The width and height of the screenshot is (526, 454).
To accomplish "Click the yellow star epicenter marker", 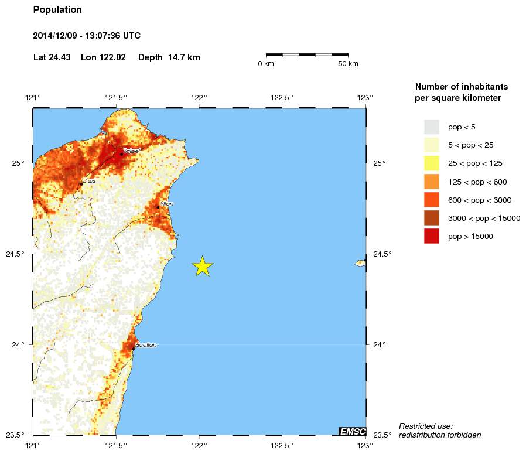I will [x=202, y=266].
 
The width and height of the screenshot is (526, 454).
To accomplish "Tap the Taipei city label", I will [x=132, y=151].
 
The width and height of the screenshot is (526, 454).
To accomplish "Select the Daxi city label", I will [x=89, y=181].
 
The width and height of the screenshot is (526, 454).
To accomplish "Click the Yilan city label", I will [x=167, y=204].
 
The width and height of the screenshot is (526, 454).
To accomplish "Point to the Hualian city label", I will [x=146, y=345].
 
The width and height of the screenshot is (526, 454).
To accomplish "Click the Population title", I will [x=57, y=10].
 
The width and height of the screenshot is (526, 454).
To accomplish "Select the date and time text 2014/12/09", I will [x=87, y=36].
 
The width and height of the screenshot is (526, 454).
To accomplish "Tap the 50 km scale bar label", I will [x=348, y=64].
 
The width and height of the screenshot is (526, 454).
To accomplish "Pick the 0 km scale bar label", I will [x=266, y=64].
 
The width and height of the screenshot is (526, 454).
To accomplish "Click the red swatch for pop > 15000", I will [x=432, y=237].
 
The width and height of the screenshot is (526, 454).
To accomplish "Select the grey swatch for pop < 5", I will [x=432, y=127].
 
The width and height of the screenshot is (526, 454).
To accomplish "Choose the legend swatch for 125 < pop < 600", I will [x=432, y=182].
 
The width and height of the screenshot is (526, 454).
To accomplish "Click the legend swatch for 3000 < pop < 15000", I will [x=432, y=219].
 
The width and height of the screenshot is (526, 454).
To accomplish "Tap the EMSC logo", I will [x=353, y=432].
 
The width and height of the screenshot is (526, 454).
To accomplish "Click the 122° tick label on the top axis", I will [x=199, y=97].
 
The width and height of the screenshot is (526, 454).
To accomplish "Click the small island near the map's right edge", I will [x=360, y=263].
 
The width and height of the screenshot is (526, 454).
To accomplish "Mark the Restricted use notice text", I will [x=439, y=430].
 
